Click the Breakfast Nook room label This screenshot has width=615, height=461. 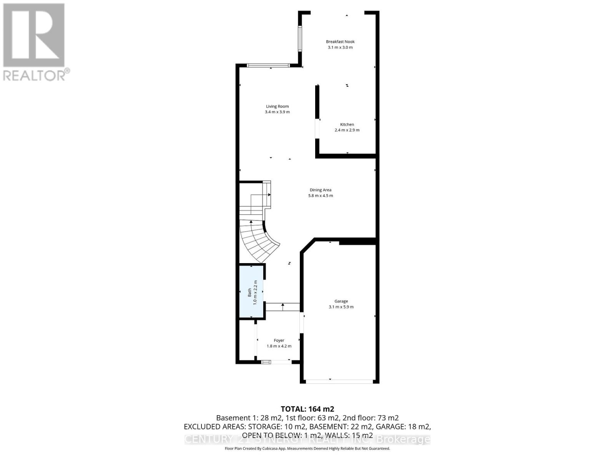340,41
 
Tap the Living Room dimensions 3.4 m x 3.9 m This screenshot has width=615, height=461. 277,112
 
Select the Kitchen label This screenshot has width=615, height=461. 347,124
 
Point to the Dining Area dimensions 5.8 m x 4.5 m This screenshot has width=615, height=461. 320,196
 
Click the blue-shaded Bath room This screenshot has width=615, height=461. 251,292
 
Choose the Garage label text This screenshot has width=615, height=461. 341,301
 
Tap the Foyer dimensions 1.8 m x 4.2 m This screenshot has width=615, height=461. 279,346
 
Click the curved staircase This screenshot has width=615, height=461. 258,238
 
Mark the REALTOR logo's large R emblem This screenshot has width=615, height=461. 34,35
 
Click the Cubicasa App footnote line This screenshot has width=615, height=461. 307,448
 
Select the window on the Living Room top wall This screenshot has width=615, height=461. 268,66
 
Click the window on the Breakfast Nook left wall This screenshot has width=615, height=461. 300,38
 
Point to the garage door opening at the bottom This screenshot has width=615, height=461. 339,381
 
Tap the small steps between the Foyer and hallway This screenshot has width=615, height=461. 283,307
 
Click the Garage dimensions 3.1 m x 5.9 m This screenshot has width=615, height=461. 341,307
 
